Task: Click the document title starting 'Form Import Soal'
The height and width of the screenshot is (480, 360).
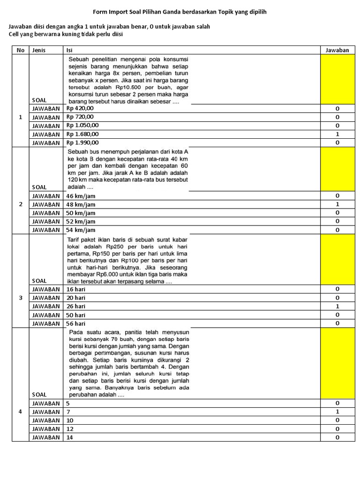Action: point(180,12)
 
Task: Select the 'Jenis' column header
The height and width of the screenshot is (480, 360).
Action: point(39,50)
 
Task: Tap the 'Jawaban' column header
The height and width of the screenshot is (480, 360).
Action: point(337,50)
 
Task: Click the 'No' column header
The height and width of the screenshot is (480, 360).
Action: point(20,50)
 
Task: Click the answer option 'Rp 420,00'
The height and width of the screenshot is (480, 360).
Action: point(80,108)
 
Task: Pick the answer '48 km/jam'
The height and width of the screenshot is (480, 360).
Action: point(81,204)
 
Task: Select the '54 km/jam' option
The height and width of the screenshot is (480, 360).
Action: point(81,230)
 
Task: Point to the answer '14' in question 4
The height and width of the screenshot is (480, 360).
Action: point(70,437)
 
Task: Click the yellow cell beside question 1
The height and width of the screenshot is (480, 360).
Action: point(337,79)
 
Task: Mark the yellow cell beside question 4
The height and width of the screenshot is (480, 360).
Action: point(337,363)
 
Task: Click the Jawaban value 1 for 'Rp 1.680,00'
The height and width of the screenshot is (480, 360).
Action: point(337,134)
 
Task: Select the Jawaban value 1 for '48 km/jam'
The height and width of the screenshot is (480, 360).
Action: point(337,204)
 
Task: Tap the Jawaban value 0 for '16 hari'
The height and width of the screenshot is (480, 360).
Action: point(337,289)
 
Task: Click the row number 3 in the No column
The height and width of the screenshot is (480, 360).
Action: point(20,298)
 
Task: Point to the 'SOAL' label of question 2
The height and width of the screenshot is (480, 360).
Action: point(39,187)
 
